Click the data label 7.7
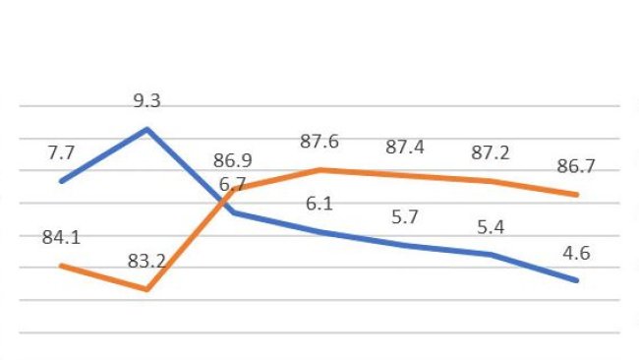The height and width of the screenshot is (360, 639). (60, 152)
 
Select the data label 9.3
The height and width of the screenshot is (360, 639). (147, 100)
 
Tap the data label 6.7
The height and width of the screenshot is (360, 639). (233, 184)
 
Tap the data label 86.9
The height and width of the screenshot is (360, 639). (233, 160)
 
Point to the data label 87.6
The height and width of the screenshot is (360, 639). (319, 142)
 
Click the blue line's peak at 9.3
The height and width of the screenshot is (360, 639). (147, 129)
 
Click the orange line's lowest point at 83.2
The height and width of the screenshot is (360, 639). (147, 289)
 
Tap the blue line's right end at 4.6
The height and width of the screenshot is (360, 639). (577, 280)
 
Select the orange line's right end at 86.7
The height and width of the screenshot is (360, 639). (577, 195)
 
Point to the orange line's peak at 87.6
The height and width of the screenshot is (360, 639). (319, 169)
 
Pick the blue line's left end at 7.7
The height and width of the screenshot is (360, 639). (61, 181)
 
